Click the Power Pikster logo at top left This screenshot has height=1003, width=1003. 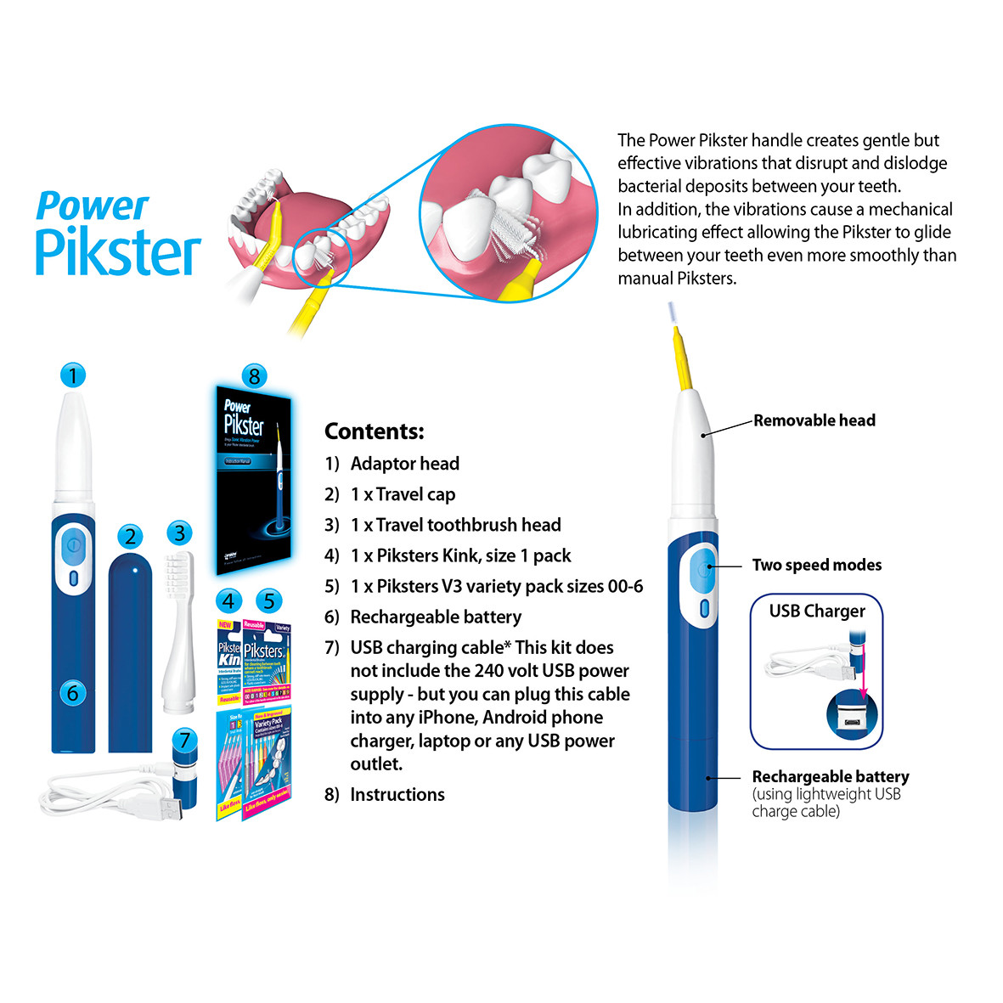[x=118, y=233]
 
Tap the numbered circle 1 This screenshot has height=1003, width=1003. [x=73, y=375]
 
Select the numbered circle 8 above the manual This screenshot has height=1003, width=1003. [x=254, y=375]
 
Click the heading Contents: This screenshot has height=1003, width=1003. [x=374, y=431]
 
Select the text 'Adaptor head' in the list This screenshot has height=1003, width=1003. [x=404, y=464]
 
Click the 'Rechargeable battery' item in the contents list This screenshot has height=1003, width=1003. [x=436, y=617]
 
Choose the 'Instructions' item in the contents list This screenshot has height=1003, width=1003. [x=397, y=795]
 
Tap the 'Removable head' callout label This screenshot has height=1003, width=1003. [x=814, y=420]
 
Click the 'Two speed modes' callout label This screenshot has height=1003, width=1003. [x=816, y=566]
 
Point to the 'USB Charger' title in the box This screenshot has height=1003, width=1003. [x=817, y=611]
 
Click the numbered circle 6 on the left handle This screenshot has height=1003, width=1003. [x=72, y=693]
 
